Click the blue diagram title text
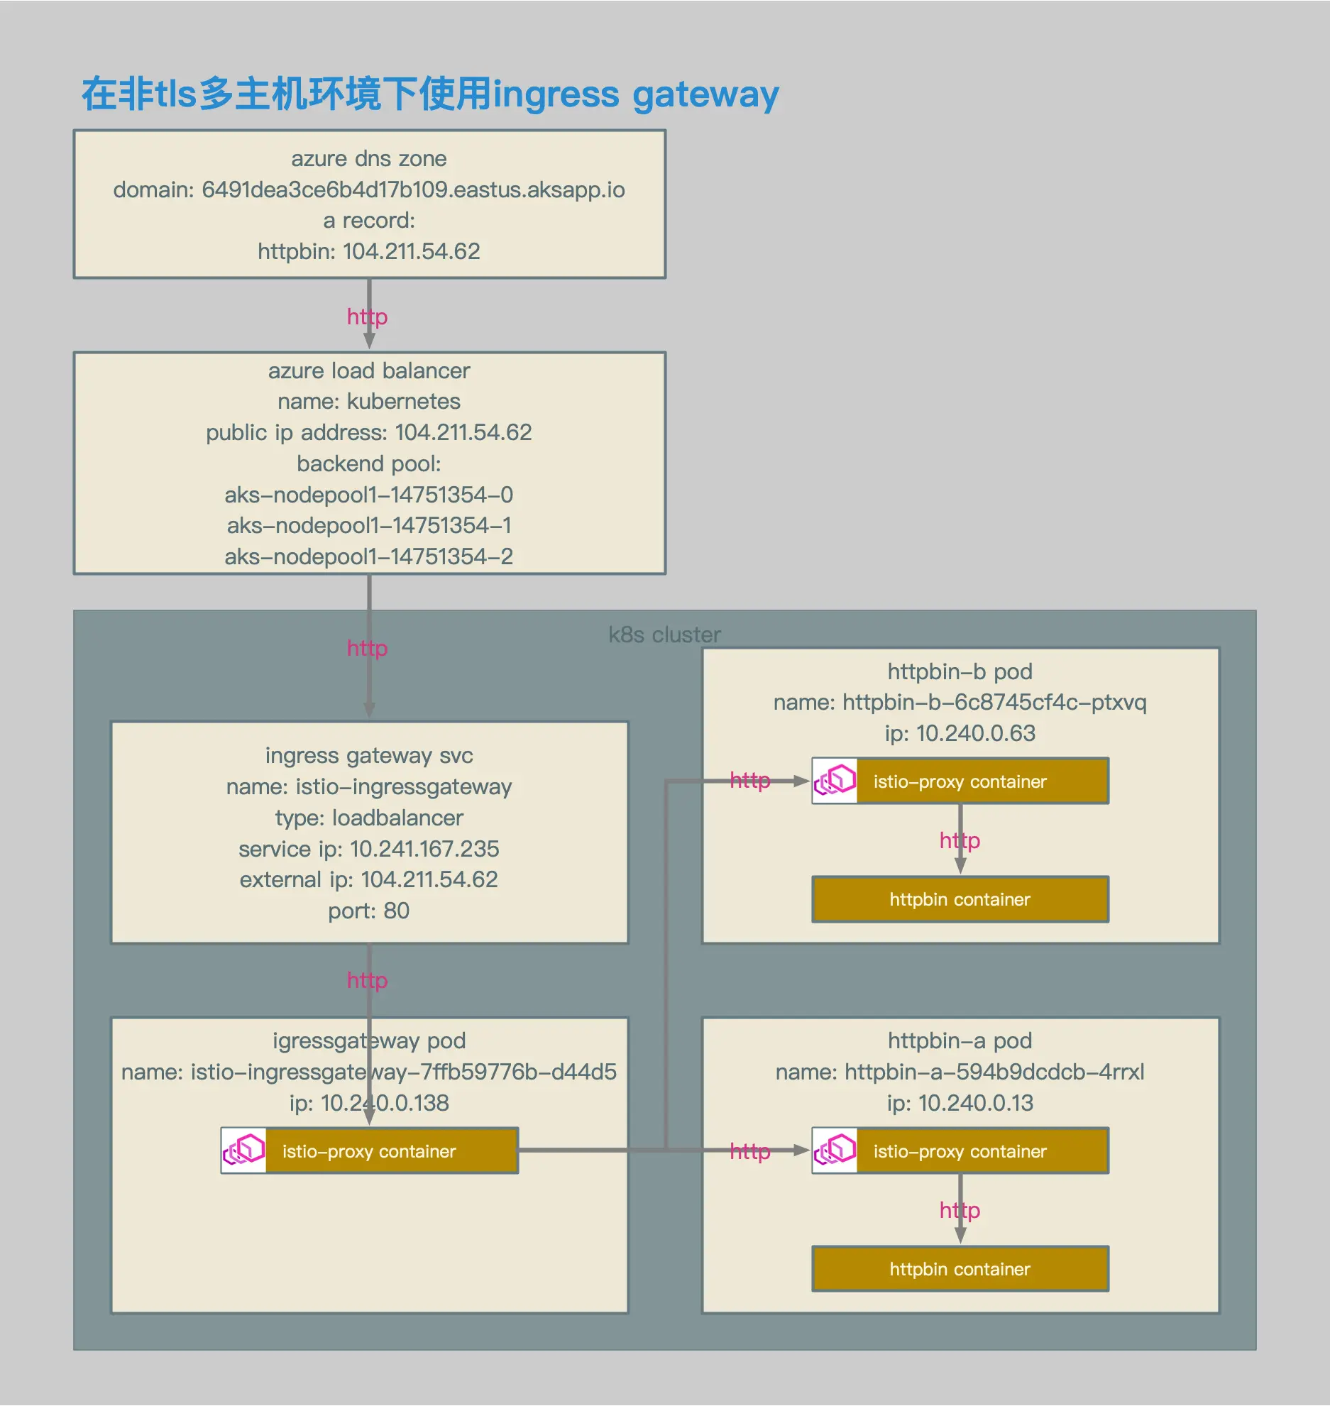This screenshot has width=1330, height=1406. pos(430,94)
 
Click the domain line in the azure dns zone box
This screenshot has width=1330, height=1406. pos(369,190)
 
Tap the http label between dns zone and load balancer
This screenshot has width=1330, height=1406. pos(367,317)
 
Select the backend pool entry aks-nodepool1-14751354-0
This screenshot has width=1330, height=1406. pos(369,495)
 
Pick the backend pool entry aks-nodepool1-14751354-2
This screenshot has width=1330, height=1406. pos(369,556)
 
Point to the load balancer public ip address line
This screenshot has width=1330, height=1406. pos(369,432)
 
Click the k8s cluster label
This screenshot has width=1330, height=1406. pos(664,635)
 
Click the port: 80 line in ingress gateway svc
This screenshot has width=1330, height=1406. pos(369,911)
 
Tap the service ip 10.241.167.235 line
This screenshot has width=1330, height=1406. pos(369,849)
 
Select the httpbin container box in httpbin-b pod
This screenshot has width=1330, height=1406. pos(960,899)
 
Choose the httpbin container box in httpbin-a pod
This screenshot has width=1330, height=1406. pos(960,1269)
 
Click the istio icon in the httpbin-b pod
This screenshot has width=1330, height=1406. pos(835,781)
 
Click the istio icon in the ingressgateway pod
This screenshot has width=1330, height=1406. pos(243,1150)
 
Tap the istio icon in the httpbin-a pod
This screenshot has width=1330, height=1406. pos(835,1150)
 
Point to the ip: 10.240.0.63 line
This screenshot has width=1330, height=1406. pos(960,733)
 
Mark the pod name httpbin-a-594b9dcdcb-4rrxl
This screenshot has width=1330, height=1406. pos(960,1072)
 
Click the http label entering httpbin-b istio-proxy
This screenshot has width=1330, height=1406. pos(750,781)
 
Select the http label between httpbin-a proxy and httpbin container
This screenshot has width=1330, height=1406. pos(960,1210)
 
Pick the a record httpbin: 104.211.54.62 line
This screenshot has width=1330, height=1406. pos(369,251)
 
